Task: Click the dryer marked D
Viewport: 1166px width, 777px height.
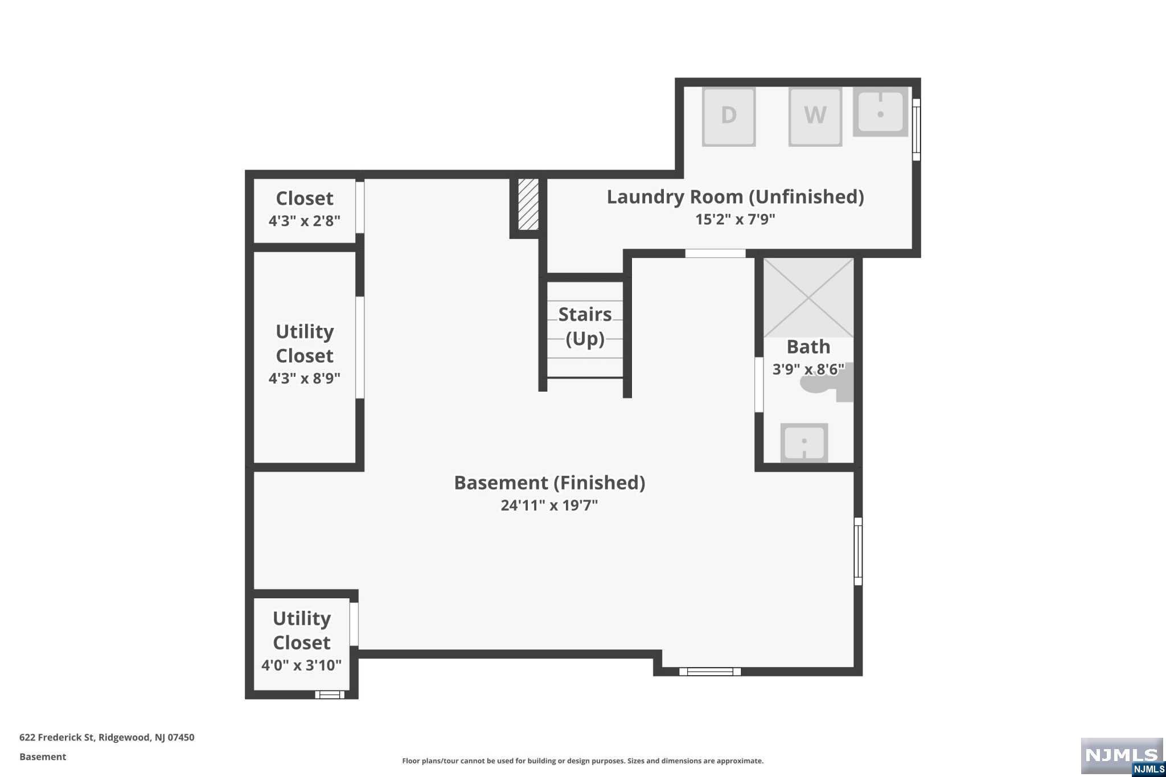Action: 729,117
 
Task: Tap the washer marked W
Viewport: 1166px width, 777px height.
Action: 815,117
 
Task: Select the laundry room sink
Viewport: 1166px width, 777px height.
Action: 880,112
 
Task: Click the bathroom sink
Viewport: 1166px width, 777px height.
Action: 804,442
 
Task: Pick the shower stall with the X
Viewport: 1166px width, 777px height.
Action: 808,298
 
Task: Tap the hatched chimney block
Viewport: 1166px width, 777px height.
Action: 528,204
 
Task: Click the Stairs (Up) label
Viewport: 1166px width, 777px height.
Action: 585,326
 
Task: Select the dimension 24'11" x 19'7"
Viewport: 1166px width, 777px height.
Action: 549,505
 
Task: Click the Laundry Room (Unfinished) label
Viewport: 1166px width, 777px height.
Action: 735,197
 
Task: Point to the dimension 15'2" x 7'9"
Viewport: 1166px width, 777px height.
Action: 735,220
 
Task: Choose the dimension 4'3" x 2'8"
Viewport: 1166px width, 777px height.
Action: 305,221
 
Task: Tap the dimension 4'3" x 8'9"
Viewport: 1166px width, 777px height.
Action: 305,379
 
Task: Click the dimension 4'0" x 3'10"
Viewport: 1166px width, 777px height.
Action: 302,665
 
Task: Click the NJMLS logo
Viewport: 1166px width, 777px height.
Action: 1122,756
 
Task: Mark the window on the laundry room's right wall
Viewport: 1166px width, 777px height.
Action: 916,130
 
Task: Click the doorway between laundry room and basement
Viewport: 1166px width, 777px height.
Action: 715,253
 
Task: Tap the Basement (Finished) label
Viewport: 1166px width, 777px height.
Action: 549,483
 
